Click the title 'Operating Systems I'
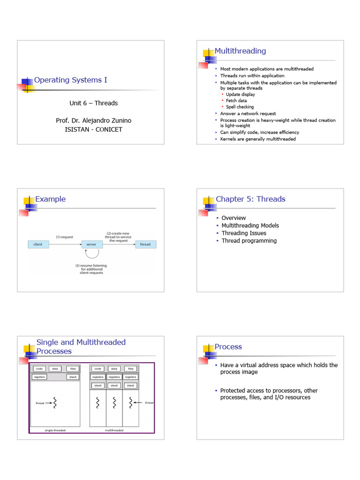click(x=70, y=80)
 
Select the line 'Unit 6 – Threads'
click(x=94, y=103)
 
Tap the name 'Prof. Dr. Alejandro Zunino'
click(x=94, y=121)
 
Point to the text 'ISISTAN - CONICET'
click(x=93, y=129)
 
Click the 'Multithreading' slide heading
click(x=240, y=51)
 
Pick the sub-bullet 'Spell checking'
click(x=240, y=107)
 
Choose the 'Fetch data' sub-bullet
click(x=236, y=101)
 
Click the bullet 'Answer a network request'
click(x=248, y=113)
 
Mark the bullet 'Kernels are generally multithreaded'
click(x=258, y=139)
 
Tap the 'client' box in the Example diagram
click(x=38, y=244)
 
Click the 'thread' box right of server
click(x=146, y=244)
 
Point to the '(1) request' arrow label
click(x=64, y=237)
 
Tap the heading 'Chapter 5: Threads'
click(x=250, y=199)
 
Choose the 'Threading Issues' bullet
click(x=244, y=233)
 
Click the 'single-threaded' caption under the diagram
click(x=55, y=430)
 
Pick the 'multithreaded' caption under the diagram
click(x=114, y=430)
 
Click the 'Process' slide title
click(x=228, y=347)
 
